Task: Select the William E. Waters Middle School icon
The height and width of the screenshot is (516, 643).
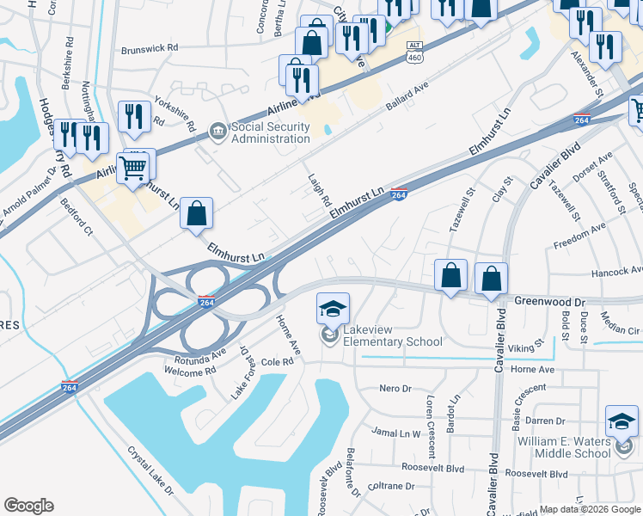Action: pyautogui.click(x=622, y=421)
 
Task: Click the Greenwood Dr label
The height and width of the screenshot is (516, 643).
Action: pyautogui.click(x=549, y=302)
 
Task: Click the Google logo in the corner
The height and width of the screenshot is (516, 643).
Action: pyautogui.click(x=28, y=505)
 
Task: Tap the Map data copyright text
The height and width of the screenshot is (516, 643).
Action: pyautogui.click(x=590, y=509)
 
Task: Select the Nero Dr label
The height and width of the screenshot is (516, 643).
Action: pyautogui.click(x=396, y=389)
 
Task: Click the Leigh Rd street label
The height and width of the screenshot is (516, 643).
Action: pyautogui.click(x=320, y=190)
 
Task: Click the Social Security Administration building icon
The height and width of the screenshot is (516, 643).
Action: pyautogui.click(x=218, y=132)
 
